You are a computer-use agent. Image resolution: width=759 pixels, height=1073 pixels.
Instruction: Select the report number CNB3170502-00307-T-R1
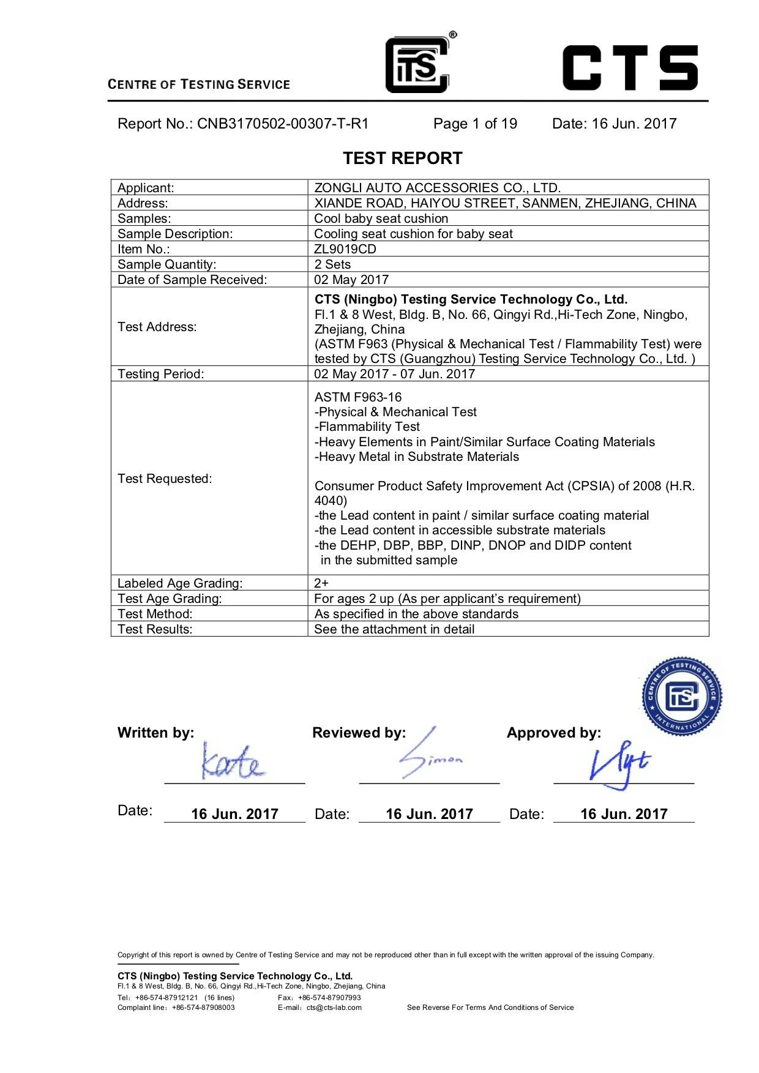pos(282,124)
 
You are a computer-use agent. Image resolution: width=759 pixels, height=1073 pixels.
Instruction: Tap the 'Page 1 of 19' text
pos(475,124)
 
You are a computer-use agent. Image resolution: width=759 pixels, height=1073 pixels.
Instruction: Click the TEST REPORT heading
pos(402,158)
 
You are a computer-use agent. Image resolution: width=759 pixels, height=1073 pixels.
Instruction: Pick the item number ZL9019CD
pos(345,249)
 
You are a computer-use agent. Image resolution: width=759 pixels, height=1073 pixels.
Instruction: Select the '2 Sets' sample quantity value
pos(332,264)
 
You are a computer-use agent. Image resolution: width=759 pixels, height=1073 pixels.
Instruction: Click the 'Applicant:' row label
pos(146,188)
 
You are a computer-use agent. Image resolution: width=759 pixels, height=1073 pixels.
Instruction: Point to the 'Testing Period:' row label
pos(160,374)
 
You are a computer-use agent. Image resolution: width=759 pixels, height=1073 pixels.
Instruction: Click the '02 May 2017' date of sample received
pos(351,280)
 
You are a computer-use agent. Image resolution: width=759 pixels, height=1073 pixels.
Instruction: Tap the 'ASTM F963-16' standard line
pos(358,397)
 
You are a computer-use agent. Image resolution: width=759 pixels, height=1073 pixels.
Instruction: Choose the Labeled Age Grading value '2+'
pos(321,583)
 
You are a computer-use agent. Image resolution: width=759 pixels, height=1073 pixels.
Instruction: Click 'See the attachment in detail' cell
pos(394,629)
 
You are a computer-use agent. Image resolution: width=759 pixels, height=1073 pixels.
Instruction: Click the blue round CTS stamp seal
pos(682,696)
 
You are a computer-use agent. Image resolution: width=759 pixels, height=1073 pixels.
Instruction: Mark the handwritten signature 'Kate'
pos(233,762)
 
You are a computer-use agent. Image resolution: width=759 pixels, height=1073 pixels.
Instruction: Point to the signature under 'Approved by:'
pos(618,765)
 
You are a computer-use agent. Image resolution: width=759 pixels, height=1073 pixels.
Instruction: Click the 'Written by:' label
pos(155,733)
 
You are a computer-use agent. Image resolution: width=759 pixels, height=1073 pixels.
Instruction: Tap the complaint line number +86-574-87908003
pos(203,1008)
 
